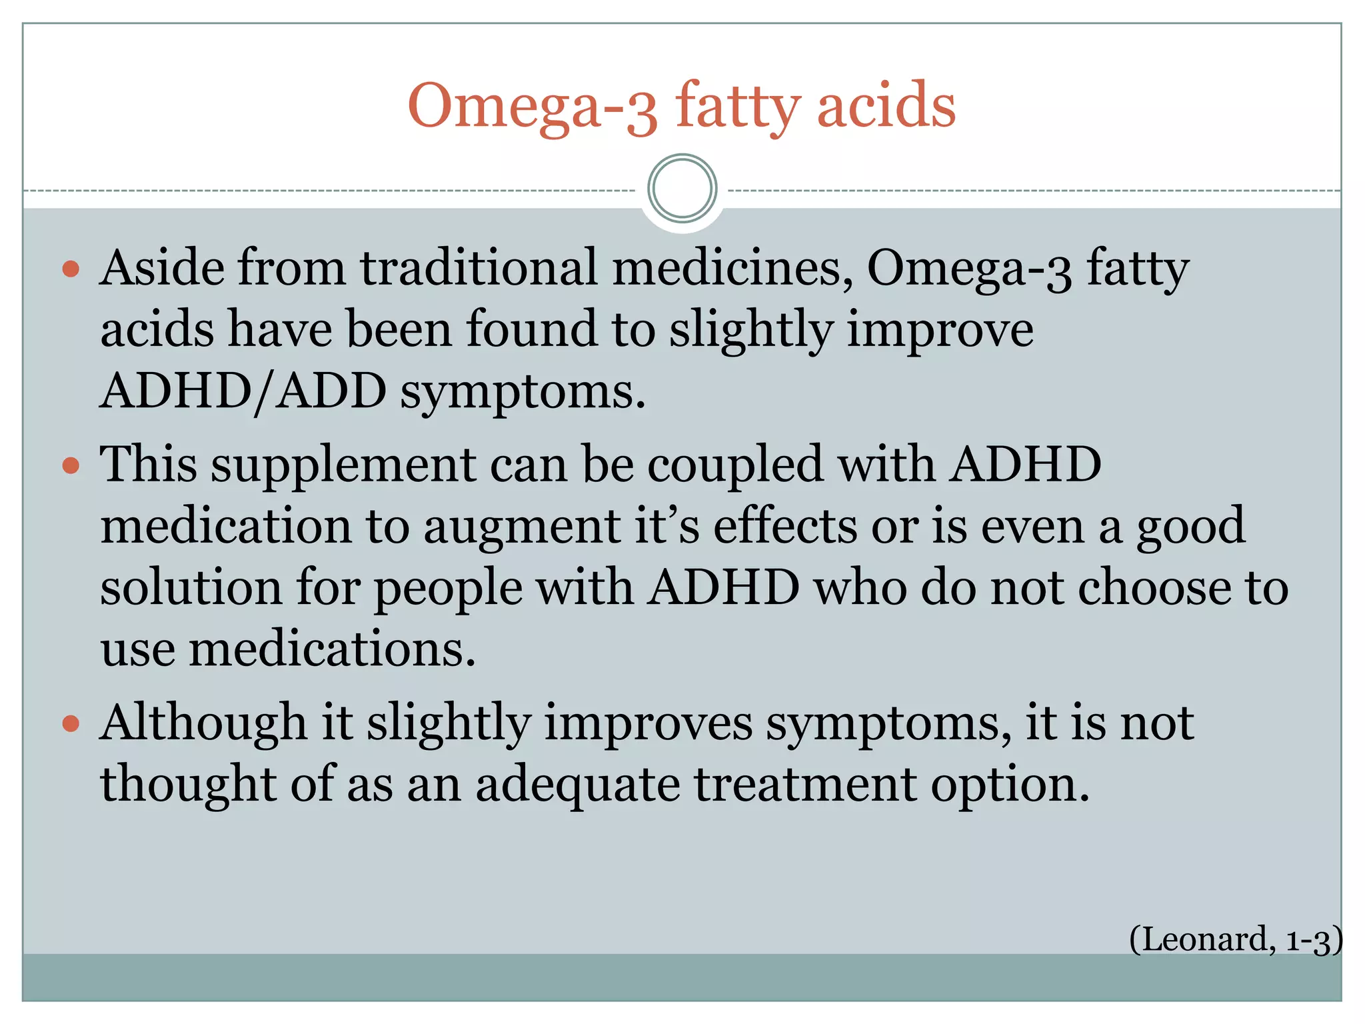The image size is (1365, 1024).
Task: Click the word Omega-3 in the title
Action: (533, 107)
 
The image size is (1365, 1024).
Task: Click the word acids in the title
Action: (886, 107)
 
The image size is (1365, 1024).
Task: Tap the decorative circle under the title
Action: (682, 189)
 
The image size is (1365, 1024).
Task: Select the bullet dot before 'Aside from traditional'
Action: (71, 270)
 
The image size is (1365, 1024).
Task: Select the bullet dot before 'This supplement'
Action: (71, 465)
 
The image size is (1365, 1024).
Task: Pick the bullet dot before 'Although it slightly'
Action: (71, 724)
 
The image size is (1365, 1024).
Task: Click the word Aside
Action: (160, 268)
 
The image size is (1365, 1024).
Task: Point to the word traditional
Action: (479, 268)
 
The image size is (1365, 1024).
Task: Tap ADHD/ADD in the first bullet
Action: (243, 391)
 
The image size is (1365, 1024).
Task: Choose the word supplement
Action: (344, 465)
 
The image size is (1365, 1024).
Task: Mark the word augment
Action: (522, 527)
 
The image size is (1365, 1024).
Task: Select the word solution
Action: (191, 588)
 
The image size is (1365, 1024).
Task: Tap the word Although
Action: (203, 723)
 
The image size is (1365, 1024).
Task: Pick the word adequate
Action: (578, 785)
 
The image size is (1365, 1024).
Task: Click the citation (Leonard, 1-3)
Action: (1235, 939)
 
